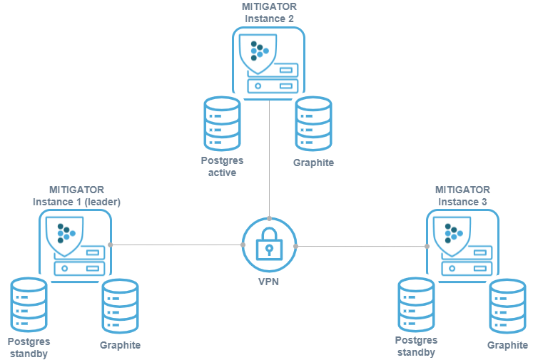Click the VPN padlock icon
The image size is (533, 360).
269,245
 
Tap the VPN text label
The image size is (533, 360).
269,282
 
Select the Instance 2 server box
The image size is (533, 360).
268,64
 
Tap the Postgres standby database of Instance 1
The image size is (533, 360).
28,304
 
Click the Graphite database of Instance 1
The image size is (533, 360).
120,307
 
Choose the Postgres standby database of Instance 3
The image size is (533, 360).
415,304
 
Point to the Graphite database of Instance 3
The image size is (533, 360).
507,307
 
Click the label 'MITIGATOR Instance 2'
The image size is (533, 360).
269,11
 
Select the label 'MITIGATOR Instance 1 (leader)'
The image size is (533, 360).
76,195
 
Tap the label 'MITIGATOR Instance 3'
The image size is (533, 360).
463,195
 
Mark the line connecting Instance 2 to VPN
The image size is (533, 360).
269,157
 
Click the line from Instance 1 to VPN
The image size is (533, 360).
175,245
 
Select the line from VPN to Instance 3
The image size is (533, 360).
360,245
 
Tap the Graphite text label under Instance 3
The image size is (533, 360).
507,346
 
